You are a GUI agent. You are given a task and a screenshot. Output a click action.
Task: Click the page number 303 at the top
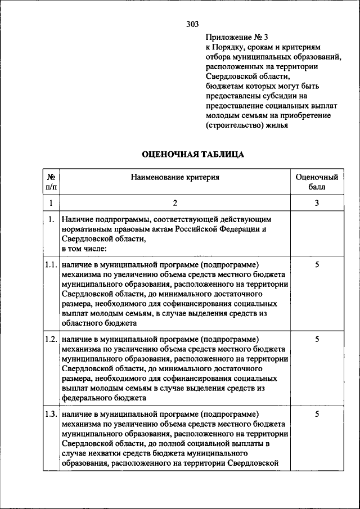192,24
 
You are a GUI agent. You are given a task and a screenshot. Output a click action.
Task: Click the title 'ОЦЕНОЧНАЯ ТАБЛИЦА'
192,154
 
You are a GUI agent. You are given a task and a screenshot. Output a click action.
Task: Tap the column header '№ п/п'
51,181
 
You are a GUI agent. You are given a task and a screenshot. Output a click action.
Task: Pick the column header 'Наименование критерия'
175,177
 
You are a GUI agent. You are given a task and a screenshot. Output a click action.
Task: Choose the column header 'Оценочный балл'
317,181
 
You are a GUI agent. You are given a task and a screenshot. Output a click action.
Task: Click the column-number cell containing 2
175,202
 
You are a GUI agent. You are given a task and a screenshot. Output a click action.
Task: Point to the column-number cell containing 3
317,202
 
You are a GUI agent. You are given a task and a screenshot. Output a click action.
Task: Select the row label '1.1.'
51,264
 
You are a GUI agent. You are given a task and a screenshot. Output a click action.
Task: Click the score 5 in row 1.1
317,264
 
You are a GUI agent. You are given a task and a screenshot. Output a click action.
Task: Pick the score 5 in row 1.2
317,339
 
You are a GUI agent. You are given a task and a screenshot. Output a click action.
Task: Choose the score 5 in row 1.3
317,415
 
